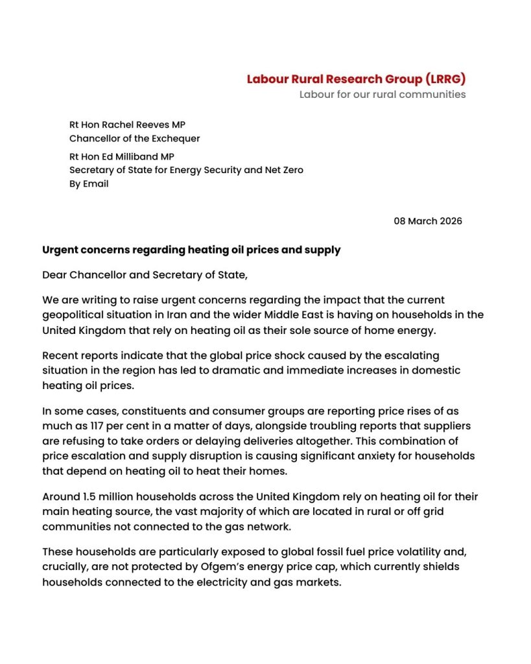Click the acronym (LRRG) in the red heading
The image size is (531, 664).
coord(445,79)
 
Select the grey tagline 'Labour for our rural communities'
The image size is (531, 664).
coord(382,94)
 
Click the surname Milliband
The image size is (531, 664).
coord(136,156)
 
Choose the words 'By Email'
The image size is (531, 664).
coord(89,184)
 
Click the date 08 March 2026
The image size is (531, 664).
coord(428,221)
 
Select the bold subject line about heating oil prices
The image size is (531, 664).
coord(191,250)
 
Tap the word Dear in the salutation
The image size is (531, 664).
coord(56,274)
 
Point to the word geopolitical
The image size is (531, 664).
coord(74,314)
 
